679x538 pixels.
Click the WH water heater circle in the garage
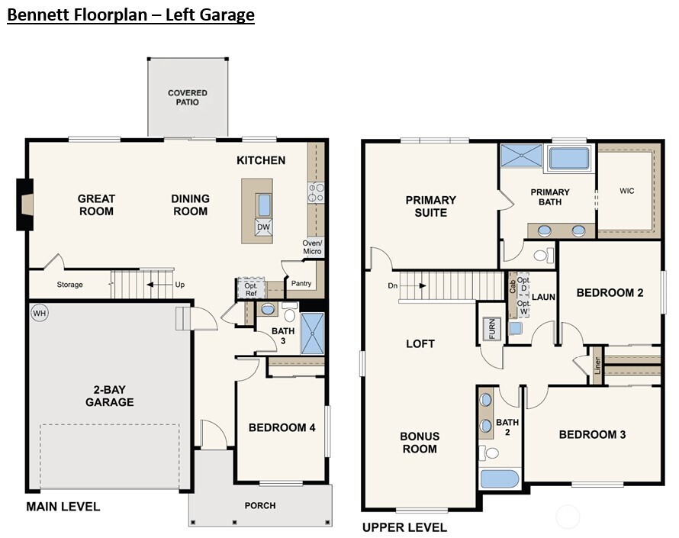pos(39,312)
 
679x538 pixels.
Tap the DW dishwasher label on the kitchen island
pos(263,227)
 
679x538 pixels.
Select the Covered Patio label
pos(188,98)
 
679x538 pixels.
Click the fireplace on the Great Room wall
pos(25,204)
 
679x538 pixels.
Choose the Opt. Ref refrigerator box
pos(250,288)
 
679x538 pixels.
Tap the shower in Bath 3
pos(313,333)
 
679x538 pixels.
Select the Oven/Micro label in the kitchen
pos(312,247)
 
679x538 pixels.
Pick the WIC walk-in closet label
pos(627,190)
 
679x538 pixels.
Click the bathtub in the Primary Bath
pos(568,159)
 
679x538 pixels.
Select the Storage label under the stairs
pos(70,285)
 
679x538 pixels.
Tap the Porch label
pos(259,505)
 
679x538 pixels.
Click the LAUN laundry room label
pos(543,297)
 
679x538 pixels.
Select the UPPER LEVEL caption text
pos(404,527)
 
